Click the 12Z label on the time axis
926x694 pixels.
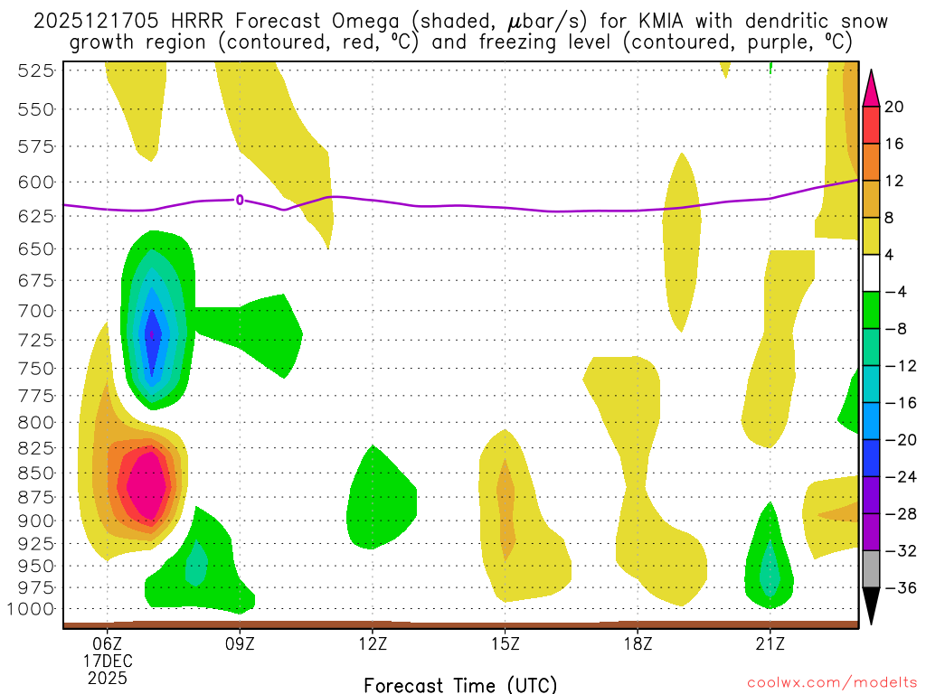[373, 644]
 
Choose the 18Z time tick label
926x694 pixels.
[638, 644]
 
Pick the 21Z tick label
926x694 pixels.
[770, 644]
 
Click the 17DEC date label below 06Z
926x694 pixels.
[108, 661]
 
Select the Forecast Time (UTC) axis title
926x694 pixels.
[461, 684]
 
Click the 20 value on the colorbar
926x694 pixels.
[895, 107]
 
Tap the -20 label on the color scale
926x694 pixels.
[898, 439]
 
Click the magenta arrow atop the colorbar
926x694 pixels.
[872, 89]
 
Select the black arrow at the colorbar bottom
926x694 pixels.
[872, 606]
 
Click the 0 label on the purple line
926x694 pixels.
[240, 200]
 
